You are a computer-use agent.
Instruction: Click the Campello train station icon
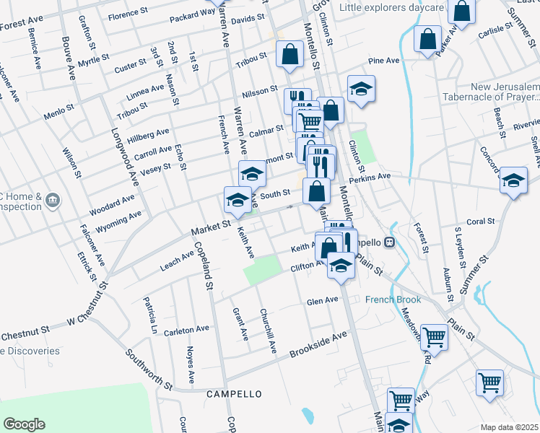coord(390,242)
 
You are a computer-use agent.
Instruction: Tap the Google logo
coord(24,424)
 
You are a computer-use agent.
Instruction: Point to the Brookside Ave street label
coord(318,344)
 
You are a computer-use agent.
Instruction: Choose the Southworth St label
coord(149,370)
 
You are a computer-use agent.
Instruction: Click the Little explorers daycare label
coord(391,7)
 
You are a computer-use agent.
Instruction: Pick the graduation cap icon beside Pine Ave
coord(361,90)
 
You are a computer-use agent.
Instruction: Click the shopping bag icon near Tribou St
coord(289,55)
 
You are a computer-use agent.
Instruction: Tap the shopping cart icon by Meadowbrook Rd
coord(434,337)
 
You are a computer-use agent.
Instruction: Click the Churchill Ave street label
coord(269,331)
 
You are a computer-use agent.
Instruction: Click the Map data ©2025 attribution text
coord(508,427)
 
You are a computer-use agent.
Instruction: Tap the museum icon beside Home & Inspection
coord(52,199)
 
